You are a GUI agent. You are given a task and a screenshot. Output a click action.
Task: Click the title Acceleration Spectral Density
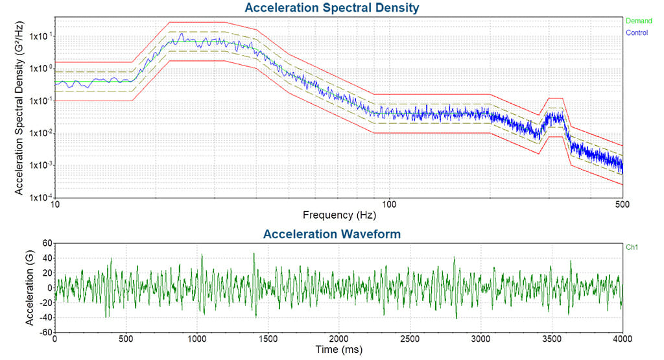tap(331, 8)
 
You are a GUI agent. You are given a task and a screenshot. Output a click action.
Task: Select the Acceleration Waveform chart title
tap(331, 234)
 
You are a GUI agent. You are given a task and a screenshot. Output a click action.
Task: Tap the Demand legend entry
tap(639, 21)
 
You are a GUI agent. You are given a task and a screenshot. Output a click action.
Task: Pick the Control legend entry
tap(639, 31)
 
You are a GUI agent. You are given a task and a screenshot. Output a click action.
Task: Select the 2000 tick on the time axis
tap(338, 339)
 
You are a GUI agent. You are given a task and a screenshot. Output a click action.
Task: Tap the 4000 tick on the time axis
tap(622, 339)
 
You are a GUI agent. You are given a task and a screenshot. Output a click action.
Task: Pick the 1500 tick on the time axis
tap(268, 339)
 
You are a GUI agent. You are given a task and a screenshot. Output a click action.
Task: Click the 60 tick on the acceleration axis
tap(46, 243)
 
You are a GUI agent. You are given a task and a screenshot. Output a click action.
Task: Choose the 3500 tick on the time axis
tap(551, 339)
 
